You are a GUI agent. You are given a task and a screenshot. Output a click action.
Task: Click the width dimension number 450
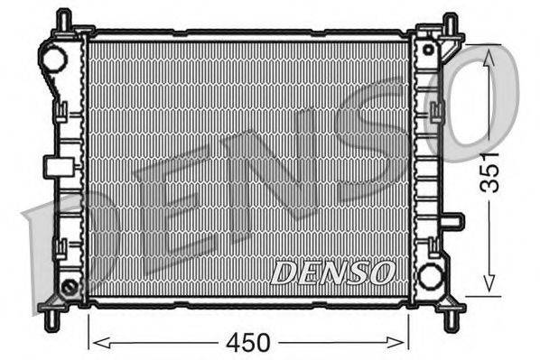248,343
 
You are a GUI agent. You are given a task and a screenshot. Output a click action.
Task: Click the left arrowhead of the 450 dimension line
98,343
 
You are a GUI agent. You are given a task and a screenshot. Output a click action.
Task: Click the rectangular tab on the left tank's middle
56,166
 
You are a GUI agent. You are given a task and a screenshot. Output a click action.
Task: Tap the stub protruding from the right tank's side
452,220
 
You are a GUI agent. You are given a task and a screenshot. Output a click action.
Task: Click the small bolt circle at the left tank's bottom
70,288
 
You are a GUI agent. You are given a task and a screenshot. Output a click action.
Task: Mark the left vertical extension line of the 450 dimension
88,328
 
